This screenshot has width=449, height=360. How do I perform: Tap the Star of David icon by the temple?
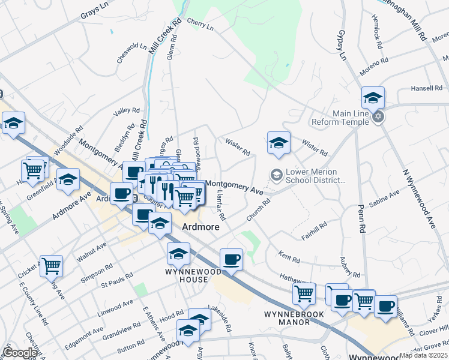(x=378, y=116)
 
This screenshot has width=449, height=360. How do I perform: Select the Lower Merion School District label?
(x=316, y=175)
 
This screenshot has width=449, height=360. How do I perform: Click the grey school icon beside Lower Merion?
(x=277, y=175)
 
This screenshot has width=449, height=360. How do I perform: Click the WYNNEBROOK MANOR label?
(x=294, y=317)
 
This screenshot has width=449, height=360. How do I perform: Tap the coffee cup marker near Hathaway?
(x=231, y=260)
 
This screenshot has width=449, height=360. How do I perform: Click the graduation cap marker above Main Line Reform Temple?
(x=373, y=98)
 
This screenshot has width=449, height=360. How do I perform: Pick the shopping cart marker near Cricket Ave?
(x=51, y=265)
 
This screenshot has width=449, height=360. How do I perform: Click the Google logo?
(x=20, y=353)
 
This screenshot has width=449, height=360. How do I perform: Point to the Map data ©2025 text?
(x=424, y=355)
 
